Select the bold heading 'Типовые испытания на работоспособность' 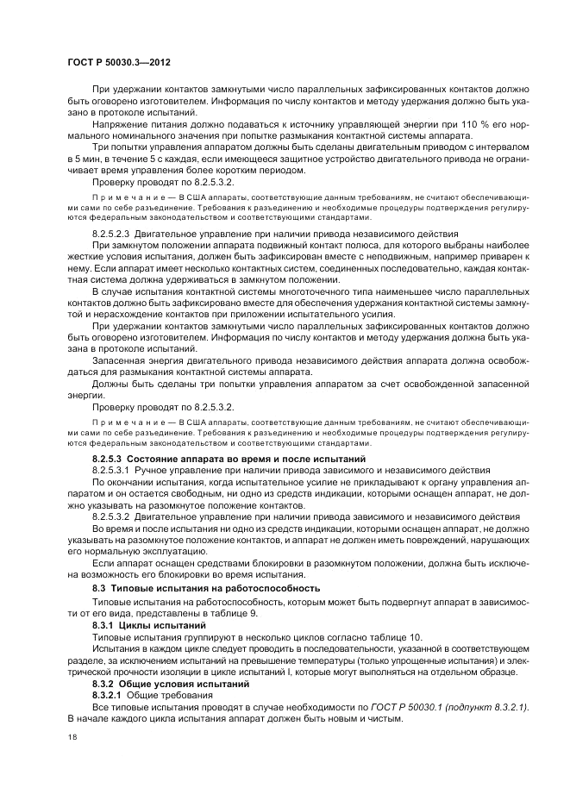221,588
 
